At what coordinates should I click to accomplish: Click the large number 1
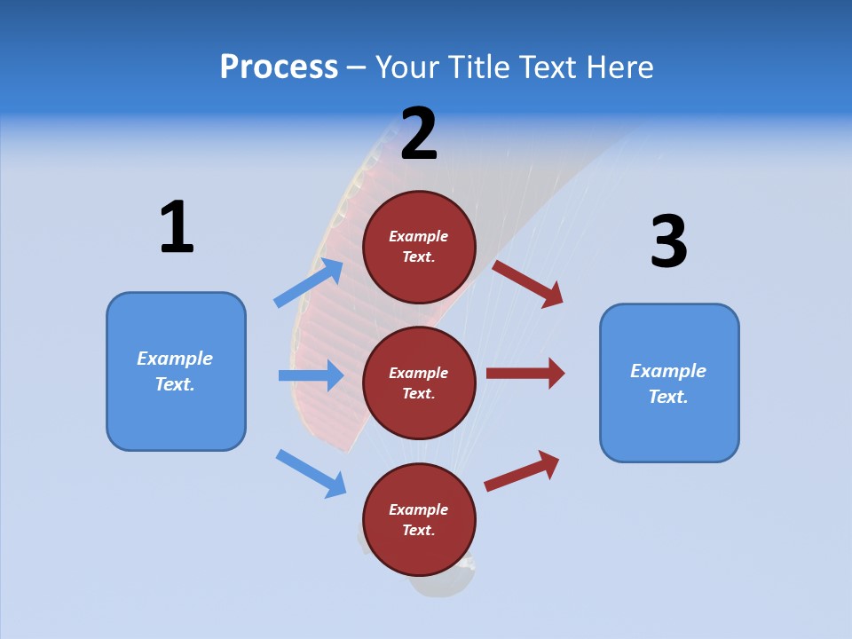coord(177,228)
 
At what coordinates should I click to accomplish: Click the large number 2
coord(419,134)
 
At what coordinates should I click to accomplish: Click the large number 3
coord(668,242)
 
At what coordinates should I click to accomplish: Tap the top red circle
coord(419,247)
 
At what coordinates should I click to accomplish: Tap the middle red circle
coord(419,383)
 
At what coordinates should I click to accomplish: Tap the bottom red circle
coord(419,520)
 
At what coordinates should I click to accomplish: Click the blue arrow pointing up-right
coord(310,282)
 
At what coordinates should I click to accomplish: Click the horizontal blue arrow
coord(312,375)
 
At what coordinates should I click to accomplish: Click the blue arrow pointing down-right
coord(312,473)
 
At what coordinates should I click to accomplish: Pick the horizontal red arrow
coord(525,374)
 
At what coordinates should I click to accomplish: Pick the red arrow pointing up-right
coord(523,469)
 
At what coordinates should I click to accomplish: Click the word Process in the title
coord(279,67)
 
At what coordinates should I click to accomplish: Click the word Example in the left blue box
coord(175,359)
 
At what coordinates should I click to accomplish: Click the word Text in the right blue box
coord(667,397)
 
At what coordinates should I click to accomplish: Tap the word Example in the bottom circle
coord(419,509)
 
